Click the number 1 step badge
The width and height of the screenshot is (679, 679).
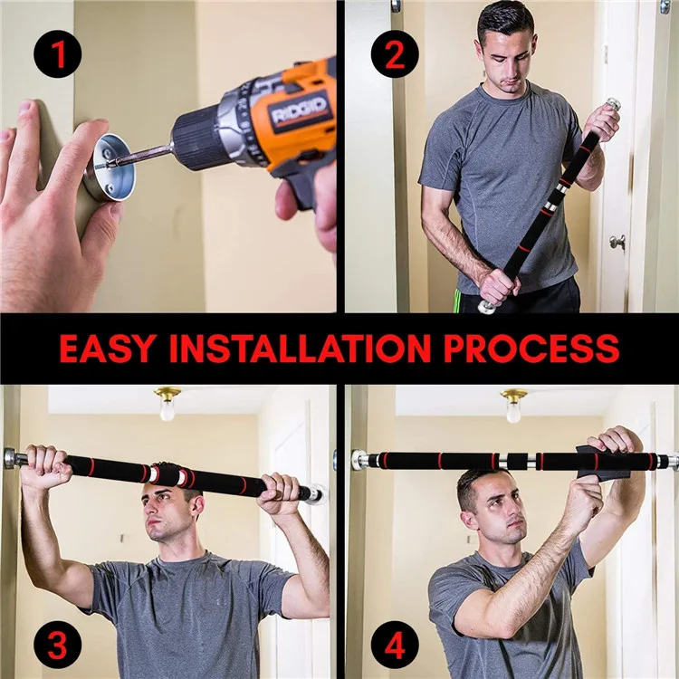[x=58, y=53]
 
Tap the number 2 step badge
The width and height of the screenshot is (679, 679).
[x=395, y=53]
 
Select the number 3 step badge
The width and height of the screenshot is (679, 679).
[x=58, y=645]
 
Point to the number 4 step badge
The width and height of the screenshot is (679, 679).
[x=395, y=645]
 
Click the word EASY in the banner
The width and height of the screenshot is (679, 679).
[x=107, y=349]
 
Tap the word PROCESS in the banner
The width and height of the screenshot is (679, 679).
[x=531, y=349]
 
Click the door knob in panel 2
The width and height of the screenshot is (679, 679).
[x=618, y=242]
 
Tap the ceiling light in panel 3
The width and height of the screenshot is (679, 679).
[x=167, y=404]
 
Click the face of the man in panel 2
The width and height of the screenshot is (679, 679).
[x=507, y=56]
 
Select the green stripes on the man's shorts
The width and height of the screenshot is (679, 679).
[x=456, y=301]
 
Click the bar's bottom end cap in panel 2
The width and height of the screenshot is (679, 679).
[x=487, y=307]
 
